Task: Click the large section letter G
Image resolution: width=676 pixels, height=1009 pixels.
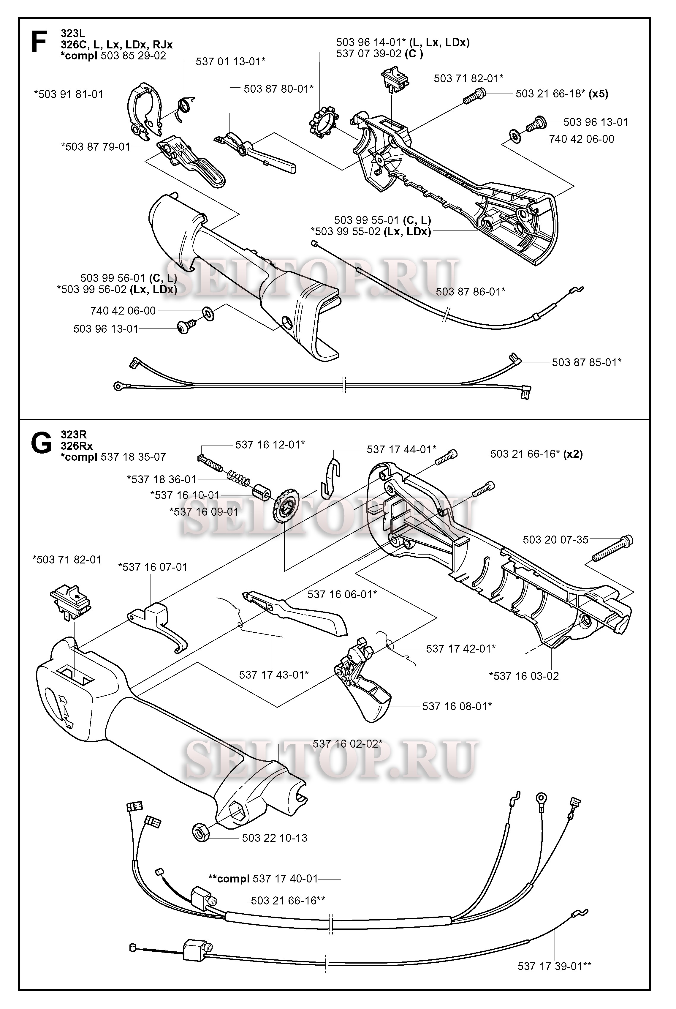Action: (x=41, y=445)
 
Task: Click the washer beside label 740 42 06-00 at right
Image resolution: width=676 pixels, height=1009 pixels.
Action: (x=515, y=136)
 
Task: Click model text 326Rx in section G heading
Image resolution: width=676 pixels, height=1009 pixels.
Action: (x=77, y=446)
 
